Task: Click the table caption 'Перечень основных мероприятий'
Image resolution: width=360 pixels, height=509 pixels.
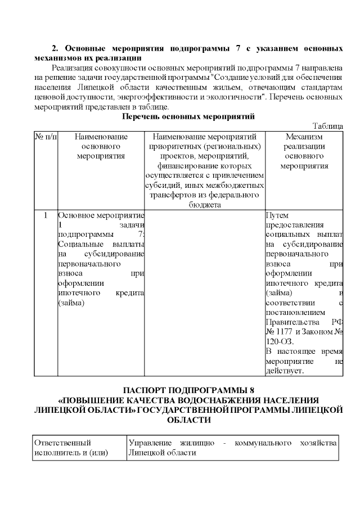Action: click(188, 116)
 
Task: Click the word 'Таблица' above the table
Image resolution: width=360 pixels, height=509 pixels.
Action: click(327, 127)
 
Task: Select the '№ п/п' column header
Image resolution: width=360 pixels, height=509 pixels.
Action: click(46, 137)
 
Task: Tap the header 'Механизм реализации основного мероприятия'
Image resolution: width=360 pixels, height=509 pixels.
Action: click(304, 151)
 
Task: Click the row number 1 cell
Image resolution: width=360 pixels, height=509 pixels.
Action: click(45, 214)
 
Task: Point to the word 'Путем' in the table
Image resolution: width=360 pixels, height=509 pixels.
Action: click(276, 214)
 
